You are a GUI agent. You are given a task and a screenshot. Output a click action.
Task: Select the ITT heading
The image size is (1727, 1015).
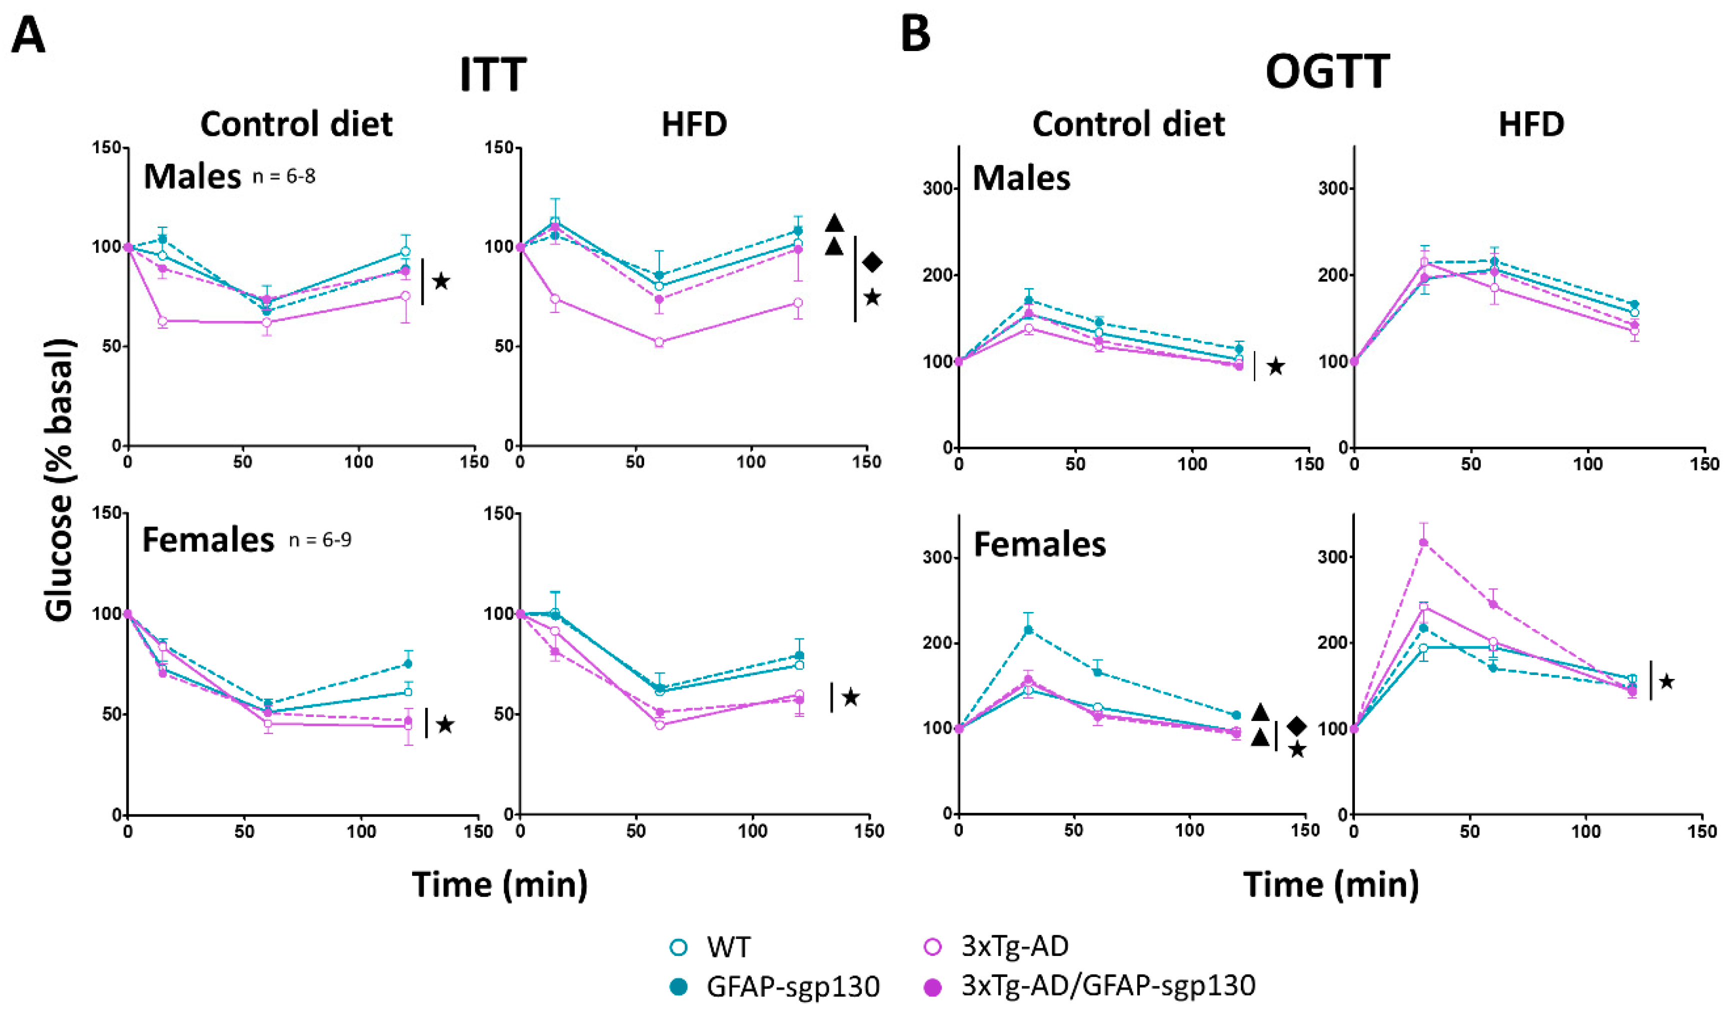(x=493, y=74)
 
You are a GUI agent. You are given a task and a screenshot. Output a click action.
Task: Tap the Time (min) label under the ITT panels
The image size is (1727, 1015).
(x=500, y=884)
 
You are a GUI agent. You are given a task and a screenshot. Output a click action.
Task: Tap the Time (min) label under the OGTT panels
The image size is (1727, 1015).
(x=1330, y=884)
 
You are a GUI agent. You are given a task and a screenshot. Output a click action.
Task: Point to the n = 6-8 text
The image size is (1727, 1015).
(x=284, y=177)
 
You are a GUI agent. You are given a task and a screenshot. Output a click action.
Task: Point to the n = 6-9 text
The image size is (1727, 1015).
(x=320, y=540)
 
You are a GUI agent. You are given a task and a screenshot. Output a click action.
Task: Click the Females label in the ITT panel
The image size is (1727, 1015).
(x=208, y=540)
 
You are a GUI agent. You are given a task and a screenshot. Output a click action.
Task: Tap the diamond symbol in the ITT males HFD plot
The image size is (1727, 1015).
(x=872, y=262)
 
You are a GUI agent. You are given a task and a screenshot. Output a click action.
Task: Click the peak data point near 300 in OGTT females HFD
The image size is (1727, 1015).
(x=1423, y=543)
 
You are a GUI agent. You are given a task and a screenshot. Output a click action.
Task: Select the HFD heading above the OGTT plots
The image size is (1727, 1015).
(x=1531, y=124)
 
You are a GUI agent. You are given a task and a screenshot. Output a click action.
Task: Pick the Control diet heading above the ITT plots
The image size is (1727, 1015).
(x=296, y=124)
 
